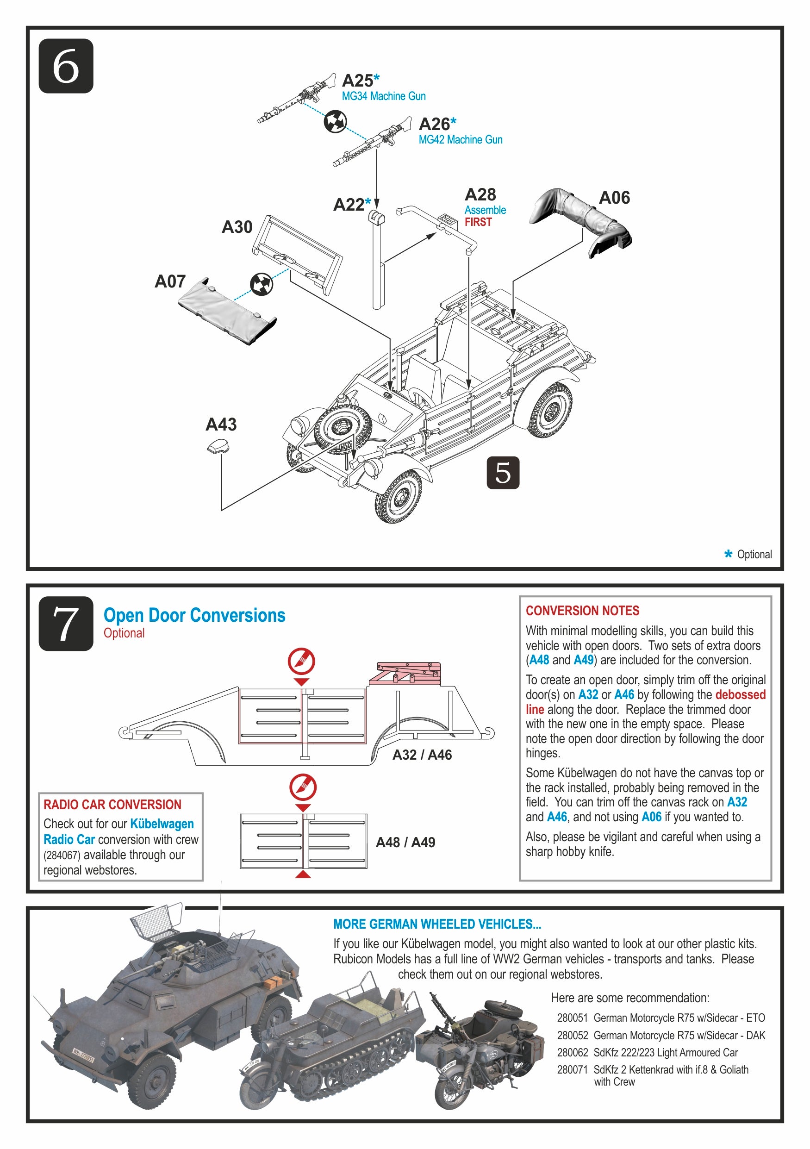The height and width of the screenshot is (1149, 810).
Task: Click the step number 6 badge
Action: [x=66, y=66]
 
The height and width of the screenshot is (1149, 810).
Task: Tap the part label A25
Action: [x=357, y=81]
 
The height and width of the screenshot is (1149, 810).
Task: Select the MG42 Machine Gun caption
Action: [x=460, y=140]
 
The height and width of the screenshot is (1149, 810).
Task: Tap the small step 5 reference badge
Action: [x=503, y=472]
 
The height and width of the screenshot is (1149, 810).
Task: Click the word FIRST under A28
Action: [x=478, y=222]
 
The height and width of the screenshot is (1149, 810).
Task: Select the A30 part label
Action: [x=237, y=227]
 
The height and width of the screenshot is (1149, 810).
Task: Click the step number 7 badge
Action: [x=66, y=623]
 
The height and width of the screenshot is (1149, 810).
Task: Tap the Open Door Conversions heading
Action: [x=194, y=615]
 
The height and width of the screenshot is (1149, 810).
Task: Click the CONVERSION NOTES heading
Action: [x=582, y=611]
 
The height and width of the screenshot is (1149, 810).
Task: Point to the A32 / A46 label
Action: [x=422, y=755]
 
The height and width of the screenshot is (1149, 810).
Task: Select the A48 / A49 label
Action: [x=405, y=842]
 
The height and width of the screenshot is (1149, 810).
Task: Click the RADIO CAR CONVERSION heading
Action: [x=112, y=804]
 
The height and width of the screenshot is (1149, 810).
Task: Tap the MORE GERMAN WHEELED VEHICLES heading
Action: [x=437, y=924]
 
